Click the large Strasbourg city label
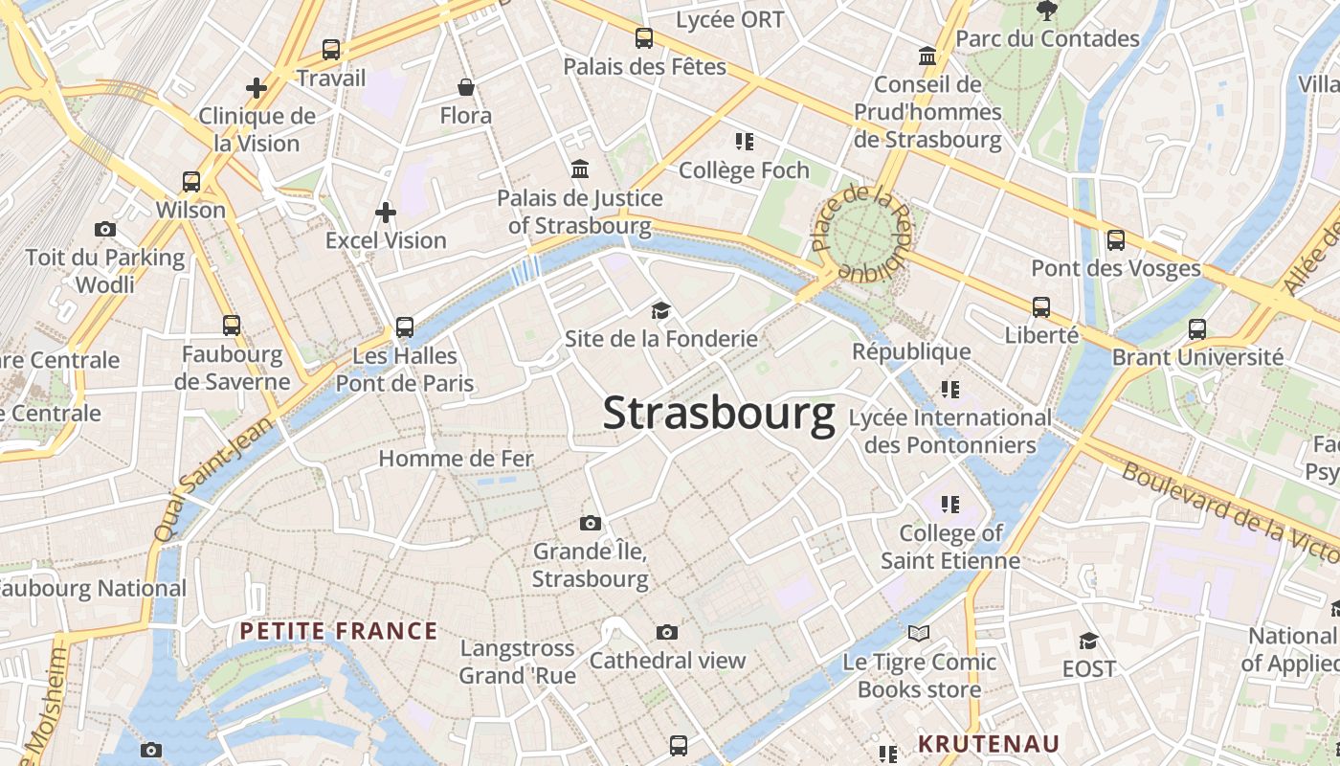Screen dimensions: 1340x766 tap(718, 415)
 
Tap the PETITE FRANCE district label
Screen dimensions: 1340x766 tap(339, 631)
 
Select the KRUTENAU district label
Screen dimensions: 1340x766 tap(989, 744)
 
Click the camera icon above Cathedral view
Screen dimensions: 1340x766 tap(667, 632)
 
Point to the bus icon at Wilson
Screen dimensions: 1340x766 tap(191, 181)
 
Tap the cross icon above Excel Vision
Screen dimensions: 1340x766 tap(386, 212)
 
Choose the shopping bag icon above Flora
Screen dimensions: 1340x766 tap(466, 88)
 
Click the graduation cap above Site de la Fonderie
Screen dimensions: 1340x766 tap(660, 310)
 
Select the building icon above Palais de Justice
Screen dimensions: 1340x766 tap(580, 169)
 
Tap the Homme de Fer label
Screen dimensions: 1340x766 tap(456, 459)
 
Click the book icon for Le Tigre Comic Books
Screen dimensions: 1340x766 tap(919, 633)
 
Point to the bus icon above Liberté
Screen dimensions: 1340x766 tap(1041, 307)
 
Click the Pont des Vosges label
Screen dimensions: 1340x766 tap(1115, 268)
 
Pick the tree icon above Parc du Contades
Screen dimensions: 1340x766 tap(1047, 11)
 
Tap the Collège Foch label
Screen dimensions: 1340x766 tap(744, 170)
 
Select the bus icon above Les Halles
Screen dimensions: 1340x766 tap(405, 327)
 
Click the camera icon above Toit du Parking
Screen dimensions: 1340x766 tap(105, 229)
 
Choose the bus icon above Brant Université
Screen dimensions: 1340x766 tap(1196, 329)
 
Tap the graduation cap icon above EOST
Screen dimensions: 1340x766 tap(1088, 640)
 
